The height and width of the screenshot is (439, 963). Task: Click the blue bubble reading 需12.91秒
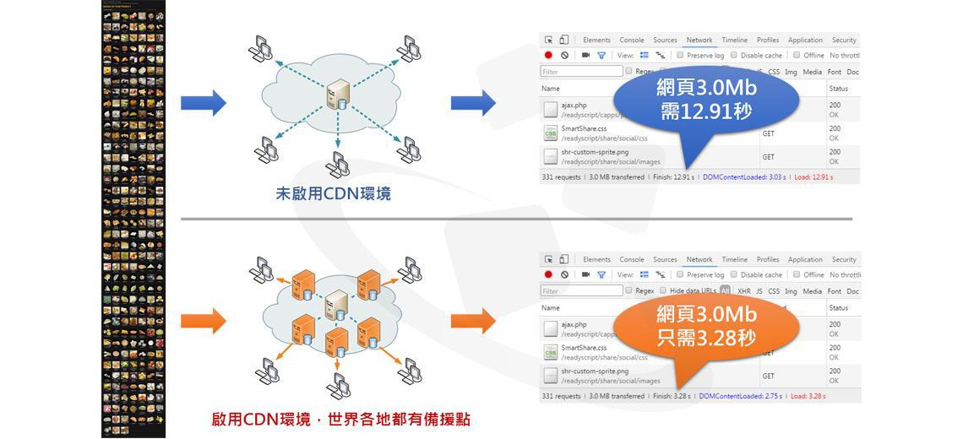point(706,99)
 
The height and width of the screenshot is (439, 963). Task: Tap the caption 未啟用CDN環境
point(334,193)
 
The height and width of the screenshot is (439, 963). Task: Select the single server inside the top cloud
point(338,93)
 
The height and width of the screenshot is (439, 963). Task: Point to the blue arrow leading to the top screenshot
point(473,102)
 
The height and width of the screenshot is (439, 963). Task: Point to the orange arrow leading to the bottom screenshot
point(473,321)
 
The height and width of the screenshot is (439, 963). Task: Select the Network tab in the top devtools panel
point(699,40)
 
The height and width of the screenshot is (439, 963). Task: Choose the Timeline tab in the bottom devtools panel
point(734,259)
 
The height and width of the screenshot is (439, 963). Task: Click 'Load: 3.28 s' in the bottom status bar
point(808,396)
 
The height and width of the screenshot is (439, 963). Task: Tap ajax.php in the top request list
point(574,105)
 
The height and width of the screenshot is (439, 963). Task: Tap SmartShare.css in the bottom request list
point(584,347)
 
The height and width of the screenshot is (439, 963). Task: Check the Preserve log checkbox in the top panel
point(680,56)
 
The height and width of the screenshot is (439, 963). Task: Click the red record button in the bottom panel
point(548,274)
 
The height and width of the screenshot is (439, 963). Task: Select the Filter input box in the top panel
point(581,72)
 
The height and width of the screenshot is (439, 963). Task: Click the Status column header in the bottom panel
point(838,308)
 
